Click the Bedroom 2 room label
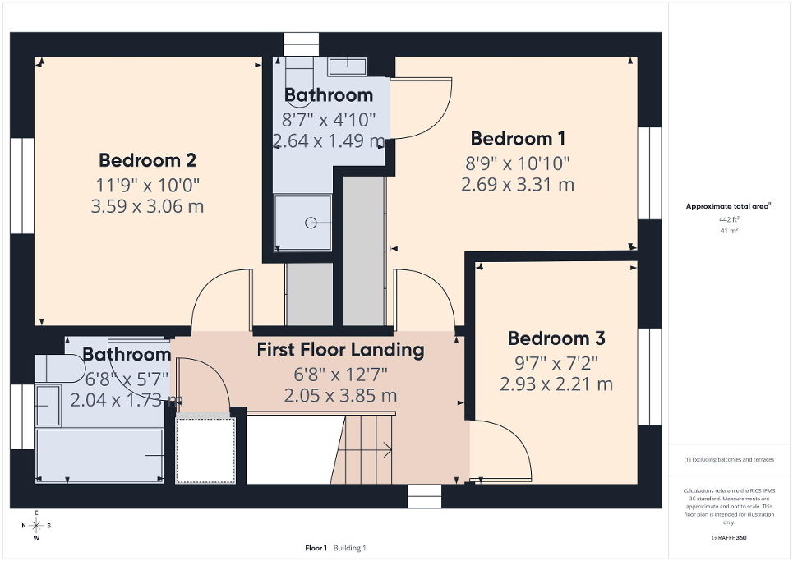click(x=147, y=159)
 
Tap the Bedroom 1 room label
click(x=517, y=138)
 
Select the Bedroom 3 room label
click(x=556, y=338)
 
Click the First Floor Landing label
click(x=340, y=350)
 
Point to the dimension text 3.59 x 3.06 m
click(x=147, y=206)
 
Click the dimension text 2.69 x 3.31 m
click(x=517, y=184)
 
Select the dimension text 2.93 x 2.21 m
click(x=556, y=384)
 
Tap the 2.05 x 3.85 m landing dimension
click(x=340, y=395)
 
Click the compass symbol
click(x=37, y=525)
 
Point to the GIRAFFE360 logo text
click(x=730, y=538)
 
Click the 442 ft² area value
click(x=730, y=220)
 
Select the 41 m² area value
click(x=730, y=232)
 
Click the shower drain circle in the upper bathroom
click(x=311, y=223)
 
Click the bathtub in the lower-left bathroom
click(x=99, y=455)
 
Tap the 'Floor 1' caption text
click(x=316, y=548)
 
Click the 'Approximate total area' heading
click(x=728, y=207)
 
